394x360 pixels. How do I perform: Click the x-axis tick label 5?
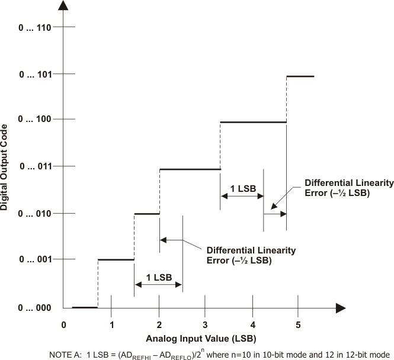[298, 324]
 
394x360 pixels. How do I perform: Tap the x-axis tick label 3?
[205, 324]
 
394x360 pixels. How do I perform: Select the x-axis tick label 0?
[63, 324]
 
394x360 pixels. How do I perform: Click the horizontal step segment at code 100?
[253, 122]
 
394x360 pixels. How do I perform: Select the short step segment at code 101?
[300, 76]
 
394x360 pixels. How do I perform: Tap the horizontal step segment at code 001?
[116, 259]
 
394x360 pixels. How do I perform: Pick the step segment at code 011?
[190, 169]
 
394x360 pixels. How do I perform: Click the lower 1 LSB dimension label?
[159, 277]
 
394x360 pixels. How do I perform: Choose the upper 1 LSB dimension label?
[242, 188]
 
